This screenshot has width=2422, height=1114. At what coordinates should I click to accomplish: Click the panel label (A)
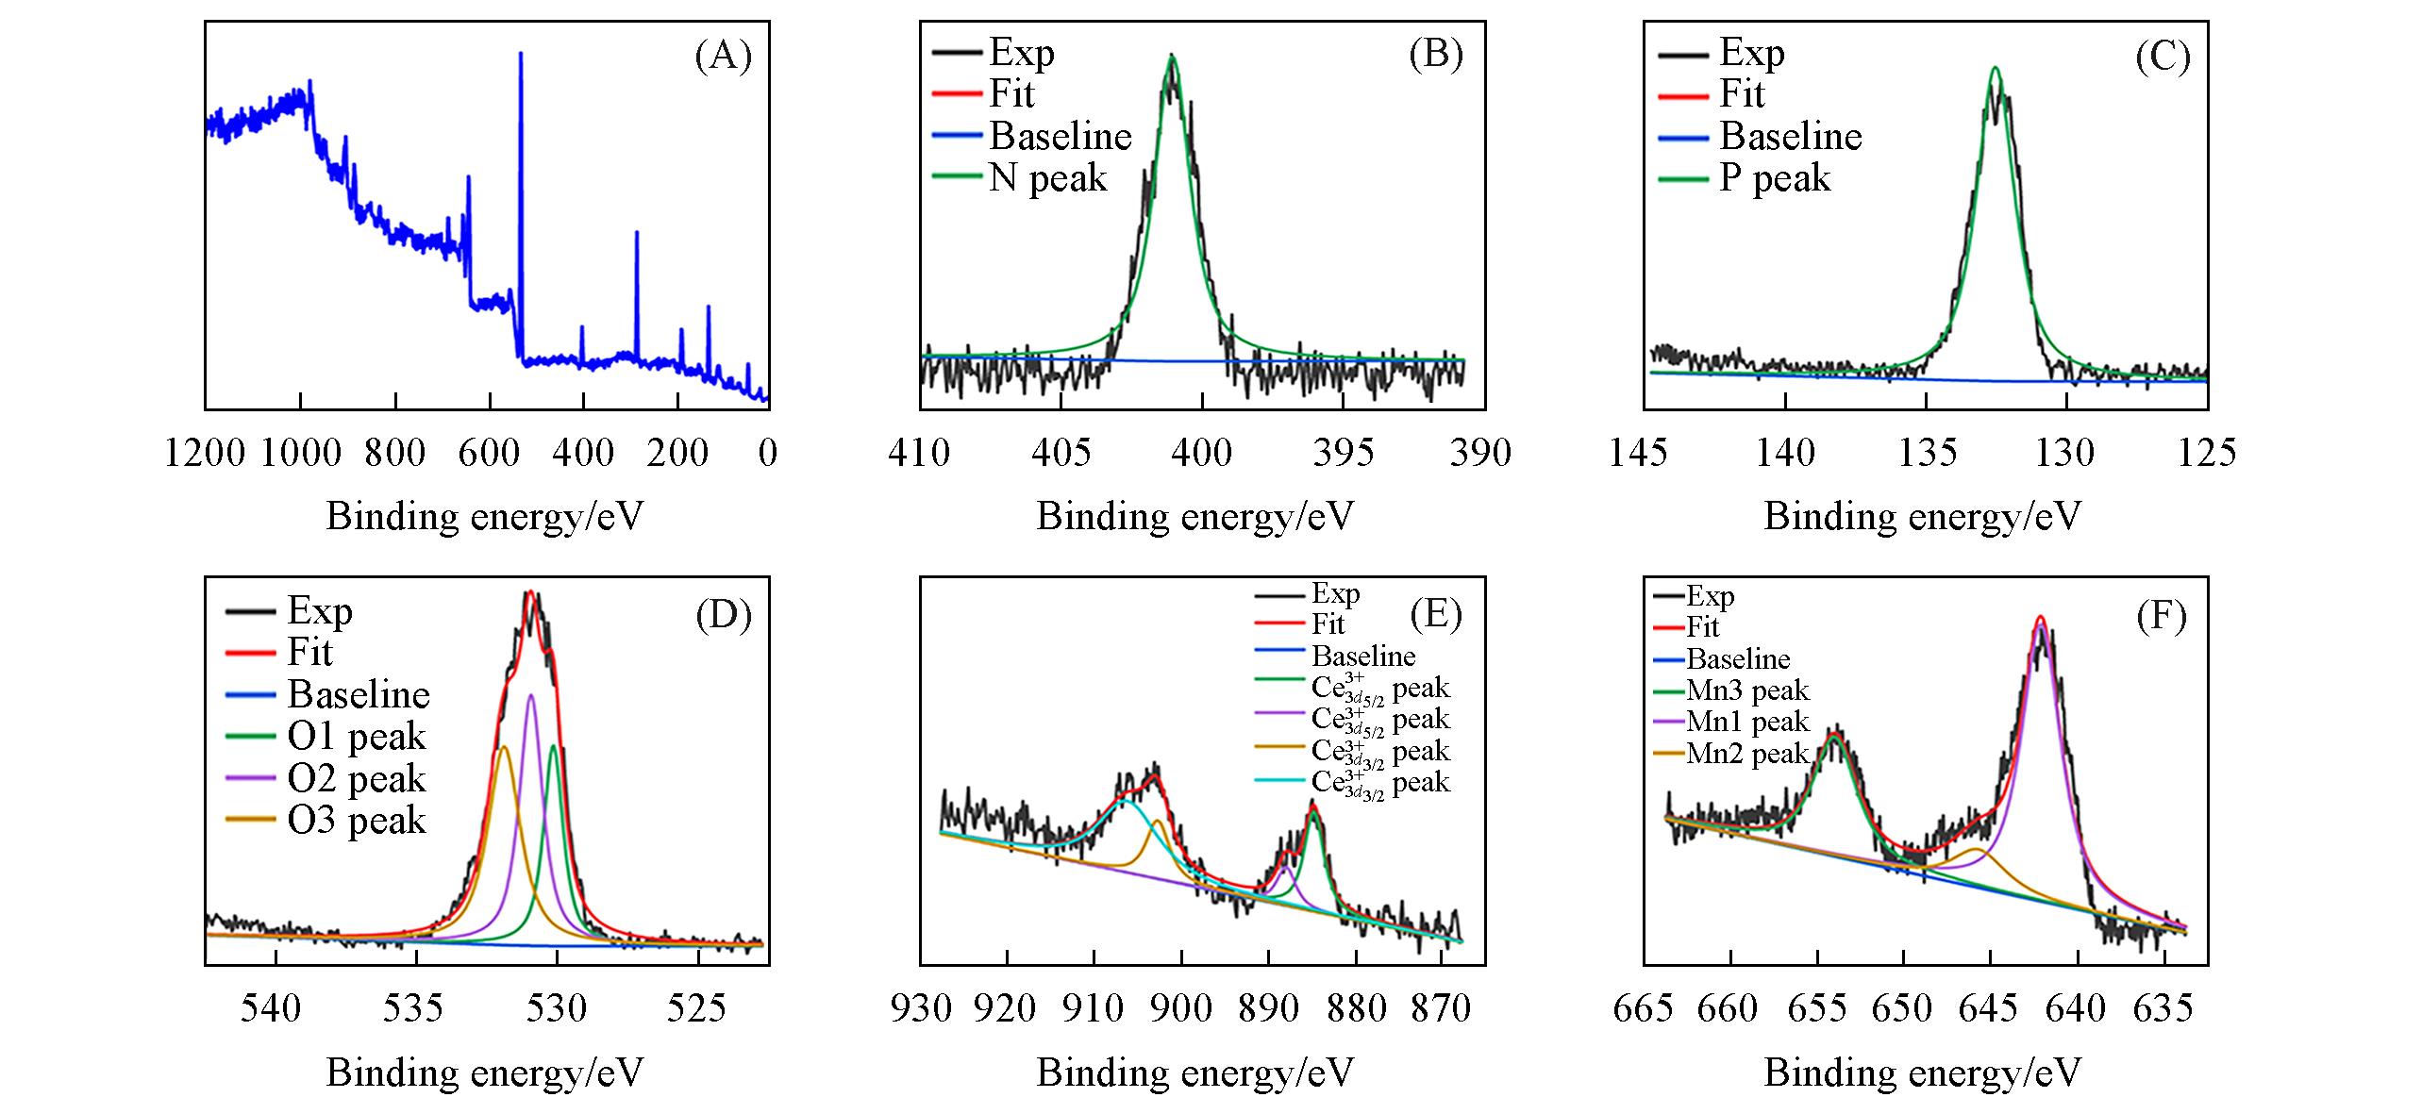point(723,58)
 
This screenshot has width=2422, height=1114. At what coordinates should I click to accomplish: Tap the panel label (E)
point(1435,615)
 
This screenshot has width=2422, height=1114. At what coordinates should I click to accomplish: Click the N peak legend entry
point(1047,177)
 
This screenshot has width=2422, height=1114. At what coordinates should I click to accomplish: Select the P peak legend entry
point(1775,177)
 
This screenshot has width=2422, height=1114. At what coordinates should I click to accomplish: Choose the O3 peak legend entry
point(357,821)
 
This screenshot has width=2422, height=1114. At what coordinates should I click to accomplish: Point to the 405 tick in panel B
point(1061,453)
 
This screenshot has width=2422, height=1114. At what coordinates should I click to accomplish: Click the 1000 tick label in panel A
point(300,453)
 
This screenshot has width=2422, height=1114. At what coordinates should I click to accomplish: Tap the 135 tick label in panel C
point(1926,453)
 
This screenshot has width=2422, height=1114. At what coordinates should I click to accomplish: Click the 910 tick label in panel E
point(1094,1008)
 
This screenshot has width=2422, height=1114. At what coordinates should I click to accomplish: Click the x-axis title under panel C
point(1922,516)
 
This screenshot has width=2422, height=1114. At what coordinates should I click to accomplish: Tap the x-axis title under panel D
point(485,1072)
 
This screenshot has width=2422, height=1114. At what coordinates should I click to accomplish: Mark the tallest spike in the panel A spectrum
point(521,55)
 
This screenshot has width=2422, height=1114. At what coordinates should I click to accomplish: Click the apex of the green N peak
point(1173,57)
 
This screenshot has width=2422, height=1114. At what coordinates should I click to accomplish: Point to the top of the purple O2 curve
point(531,695)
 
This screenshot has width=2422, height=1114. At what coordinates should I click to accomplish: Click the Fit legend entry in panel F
point(1703,627)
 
